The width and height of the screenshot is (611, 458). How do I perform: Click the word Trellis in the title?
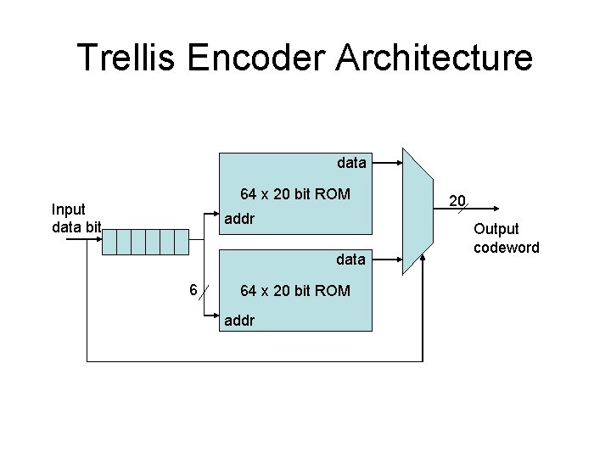coord(129,58)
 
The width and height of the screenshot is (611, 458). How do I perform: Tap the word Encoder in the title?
coord(253,58)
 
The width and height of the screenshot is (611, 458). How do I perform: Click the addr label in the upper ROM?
coord(238,220)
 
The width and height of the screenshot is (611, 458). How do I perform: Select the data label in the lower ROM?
coord(351,258)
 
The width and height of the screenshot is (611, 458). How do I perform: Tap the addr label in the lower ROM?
coord(238,321)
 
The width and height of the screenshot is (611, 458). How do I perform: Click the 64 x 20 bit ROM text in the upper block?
coord(294,193)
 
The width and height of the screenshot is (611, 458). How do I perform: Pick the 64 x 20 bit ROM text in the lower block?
coord(294,291)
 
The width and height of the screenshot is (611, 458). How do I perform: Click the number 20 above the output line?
coord(457,201)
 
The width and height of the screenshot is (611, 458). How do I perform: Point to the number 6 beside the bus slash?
coord(193,291)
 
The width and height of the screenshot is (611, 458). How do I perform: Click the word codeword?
coord(507,247)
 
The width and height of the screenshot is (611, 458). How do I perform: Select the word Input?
coord(68,209)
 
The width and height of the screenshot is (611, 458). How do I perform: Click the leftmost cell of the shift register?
coord(109,243)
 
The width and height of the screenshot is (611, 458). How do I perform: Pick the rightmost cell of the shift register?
coord(181,243)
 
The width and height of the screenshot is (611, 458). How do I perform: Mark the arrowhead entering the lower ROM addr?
coord(215,321)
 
